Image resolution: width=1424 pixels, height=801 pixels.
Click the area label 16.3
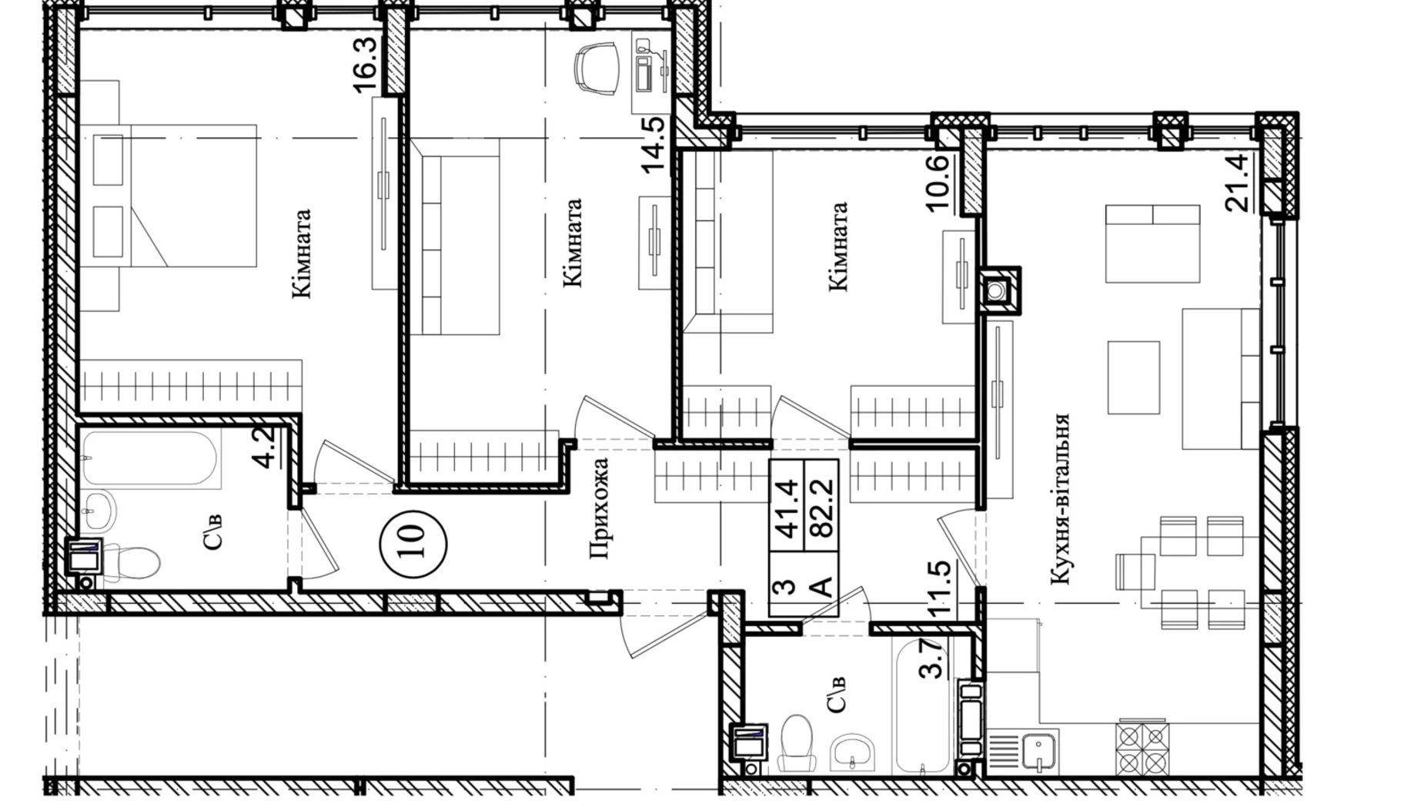point(364,65)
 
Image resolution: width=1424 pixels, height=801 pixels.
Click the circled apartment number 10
point(413,532)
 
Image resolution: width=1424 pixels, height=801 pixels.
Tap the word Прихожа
point(598,508)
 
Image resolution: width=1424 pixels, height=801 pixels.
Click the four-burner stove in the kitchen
point(1142,747)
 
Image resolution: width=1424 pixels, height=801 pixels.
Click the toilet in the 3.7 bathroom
point(796,742)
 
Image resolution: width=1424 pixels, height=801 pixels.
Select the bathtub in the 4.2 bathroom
point(152,459)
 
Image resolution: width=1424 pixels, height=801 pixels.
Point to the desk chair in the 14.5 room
point(597,68)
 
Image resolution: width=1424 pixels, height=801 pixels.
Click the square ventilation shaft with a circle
point(999,290)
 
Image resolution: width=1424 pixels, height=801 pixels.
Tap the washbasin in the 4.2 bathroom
point(99,509)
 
